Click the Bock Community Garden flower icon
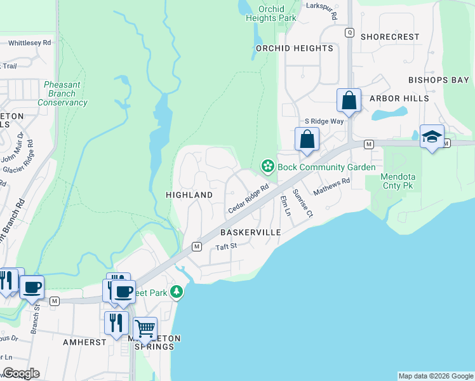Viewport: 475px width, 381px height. pyautogui.click(x=268, y=167)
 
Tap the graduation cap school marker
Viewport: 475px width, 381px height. pyautogui.click(x=432, y=137)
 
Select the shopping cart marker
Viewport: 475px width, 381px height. pyautogui.click(x=145, y=329)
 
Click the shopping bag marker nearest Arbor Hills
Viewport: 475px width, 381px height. pyautogui.click(x=349, y=100)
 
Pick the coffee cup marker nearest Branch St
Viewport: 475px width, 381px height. pyautogui.click(x=32, y=287)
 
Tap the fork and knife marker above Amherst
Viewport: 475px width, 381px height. pyautogui.click(x=116, y=323)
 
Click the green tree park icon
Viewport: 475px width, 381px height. pyautogui.click(x=177, y=292)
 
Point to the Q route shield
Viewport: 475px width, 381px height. pyautogui.click(x=349, y=32)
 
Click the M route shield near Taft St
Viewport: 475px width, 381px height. pyautogui.click(x=197, y=246)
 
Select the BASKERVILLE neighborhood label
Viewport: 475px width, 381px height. pyautogui.click(x=251, y=232)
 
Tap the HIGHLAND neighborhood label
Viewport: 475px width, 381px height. pyautogui.click(x=189, y=194)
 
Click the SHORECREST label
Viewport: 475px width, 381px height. pyautogui.click(x=390, y=37)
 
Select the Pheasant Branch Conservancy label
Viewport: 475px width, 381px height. pyautogui.click(x=62, y=93)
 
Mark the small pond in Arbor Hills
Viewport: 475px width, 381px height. pyautogui.click(x=389, y=114)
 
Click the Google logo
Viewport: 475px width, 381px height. pyautogui.click(x=21, y=373)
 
